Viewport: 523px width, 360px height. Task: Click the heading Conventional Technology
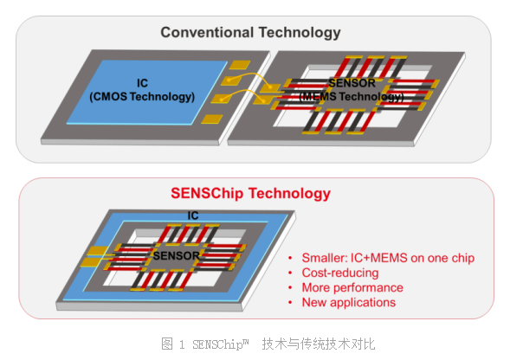coord(250,34)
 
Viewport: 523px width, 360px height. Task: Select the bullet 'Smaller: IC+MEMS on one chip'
coord(387,258)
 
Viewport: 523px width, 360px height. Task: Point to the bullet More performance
coord(352,287)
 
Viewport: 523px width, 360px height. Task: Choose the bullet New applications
coord(348,302)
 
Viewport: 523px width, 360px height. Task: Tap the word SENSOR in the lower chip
coord(177,256)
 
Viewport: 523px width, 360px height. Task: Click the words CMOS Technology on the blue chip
coord(147,96)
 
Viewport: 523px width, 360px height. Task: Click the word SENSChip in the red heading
coord(210,193)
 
